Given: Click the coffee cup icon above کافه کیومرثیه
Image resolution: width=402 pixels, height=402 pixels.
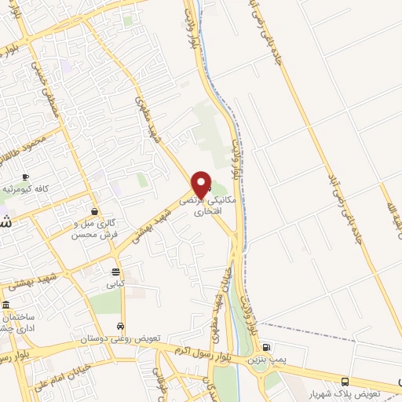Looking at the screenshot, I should [26, 177].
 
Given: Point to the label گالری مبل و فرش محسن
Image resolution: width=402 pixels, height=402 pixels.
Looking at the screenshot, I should [94, 228].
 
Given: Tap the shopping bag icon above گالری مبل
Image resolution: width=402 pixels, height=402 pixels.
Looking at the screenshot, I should [94, 211].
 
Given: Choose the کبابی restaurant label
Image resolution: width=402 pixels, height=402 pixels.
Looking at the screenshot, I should [116, 284].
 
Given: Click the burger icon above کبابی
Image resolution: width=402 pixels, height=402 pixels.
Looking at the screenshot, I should [116, 272].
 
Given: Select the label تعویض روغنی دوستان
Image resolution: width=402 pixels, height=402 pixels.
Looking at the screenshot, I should [119, 338].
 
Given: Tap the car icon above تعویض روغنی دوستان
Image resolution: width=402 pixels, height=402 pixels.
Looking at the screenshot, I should [119, 326].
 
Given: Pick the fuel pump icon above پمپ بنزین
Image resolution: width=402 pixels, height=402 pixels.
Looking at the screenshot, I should [266, 347].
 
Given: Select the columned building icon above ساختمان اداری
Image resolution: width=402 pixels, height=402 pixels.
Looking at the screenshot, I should [6, 305].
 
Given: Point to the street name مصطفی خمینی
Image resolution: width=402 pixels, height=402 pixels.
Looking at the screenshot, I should [46, 87].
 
